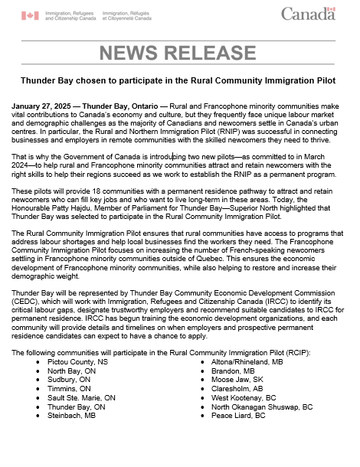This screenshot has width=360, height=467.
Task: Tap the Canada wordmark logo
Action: pyautogui.click(x=308, y=14)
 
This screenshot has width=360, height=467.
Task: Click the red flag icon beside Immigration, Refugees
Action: pyautogui.click(x=29, y=15)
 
